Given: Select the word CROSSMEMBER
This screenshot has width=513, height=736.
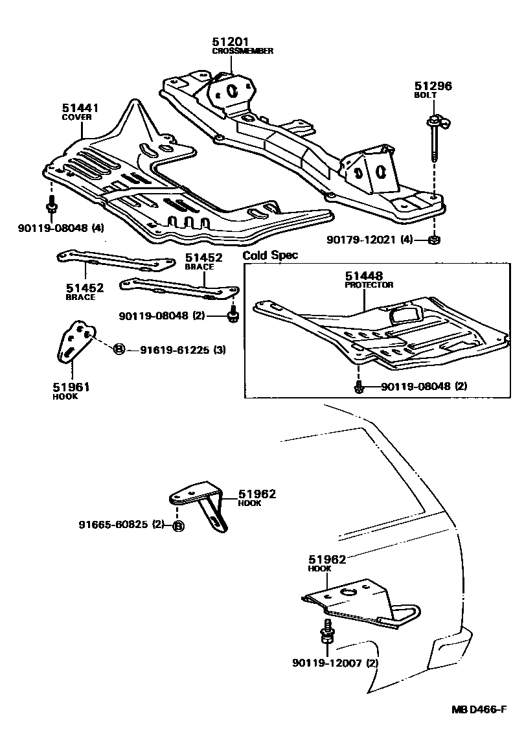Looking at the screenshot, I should tap(242, 51).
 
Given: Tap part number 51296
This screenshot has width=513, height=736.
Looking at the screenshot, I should tap(433, 86).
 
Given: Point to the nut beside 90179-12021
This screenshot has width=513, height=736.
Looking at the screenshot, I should tap(435, 240).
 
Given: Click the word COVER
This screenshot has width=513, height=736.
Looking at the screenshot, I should tap(76, 117).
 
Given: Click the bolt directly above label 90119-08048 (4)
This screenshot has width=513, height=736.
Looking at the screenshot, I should tap(51, 207).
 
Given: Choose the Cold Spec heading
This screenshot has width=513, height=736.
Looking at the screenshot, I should tap(270, 255).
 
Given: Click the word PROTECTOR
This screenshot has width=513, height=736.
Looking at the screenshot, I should tap(369, 284).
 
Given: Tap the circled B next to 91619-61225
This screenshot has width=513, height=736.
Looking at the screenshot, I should tap(119, 350).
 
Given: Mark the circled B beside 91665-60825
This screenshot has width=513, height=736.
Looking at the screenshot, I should tap(178, 526).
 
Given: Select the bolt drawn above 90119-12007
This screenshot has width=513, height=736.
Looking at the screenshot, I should tap(327, 634).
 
